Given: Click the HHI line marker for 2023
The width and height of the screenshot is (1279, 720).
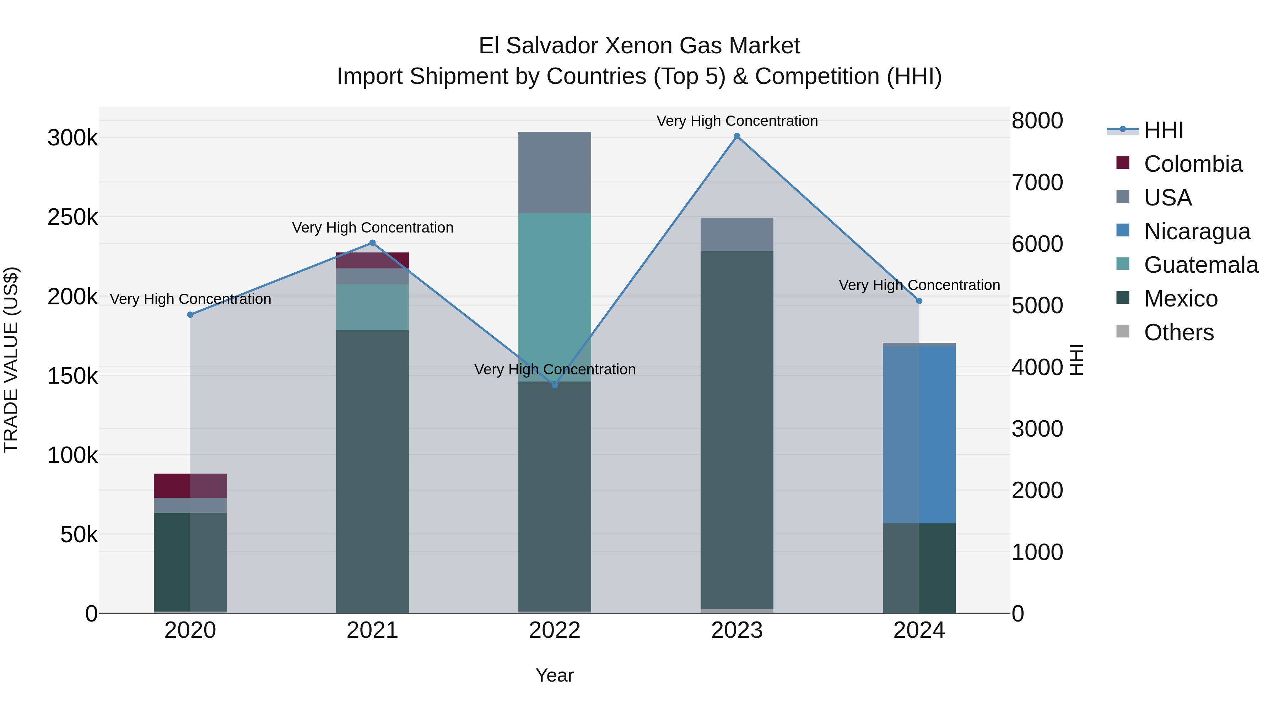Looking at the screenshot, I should coord(737,136).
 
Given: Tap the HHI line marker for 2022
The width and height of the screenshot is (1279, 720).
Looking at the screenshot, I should coord(555,385).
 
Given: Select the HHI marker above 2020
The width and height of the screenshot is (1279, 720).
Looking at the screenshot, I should coord(190,315).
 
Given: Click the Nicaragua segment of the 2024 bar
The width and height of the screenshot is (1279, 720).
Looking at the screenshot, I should coord(919,435).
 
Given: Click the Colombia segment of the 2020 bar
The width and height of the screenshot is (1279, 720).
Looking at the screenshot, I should coord(190,485).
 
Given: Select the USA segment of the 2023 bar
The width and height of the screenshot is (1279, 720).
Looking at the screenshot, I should coord(737,235).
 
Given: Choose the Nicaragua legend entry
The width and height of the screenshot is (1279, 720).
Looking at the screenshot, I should coord(1197,231).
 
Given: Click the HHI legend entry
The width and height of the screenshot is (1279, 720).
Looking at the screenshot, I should coord(1163,130).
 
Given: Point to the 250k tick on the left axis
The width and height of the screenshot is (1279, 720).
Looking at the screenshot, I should coord(72,217).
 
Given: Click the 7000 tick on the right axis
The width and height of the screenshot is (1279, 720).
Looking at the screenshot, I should coord(1037,182).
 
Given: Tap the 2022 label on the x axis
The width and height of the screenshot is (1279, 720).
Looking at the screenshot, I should coord(555,630).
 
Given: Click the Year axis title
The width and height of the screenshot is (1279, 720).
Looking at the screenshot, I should coord(555,675).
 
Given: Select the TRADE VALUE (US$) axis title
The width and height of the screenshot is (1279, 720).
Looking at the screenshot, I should coord(11,360).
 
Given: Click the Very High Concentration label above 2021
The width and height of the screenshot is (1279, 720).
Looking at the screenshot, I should coord(372,228).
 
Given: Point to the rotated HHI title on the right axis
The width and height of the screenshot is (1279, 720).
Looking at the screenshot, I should coord(1075,360).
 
